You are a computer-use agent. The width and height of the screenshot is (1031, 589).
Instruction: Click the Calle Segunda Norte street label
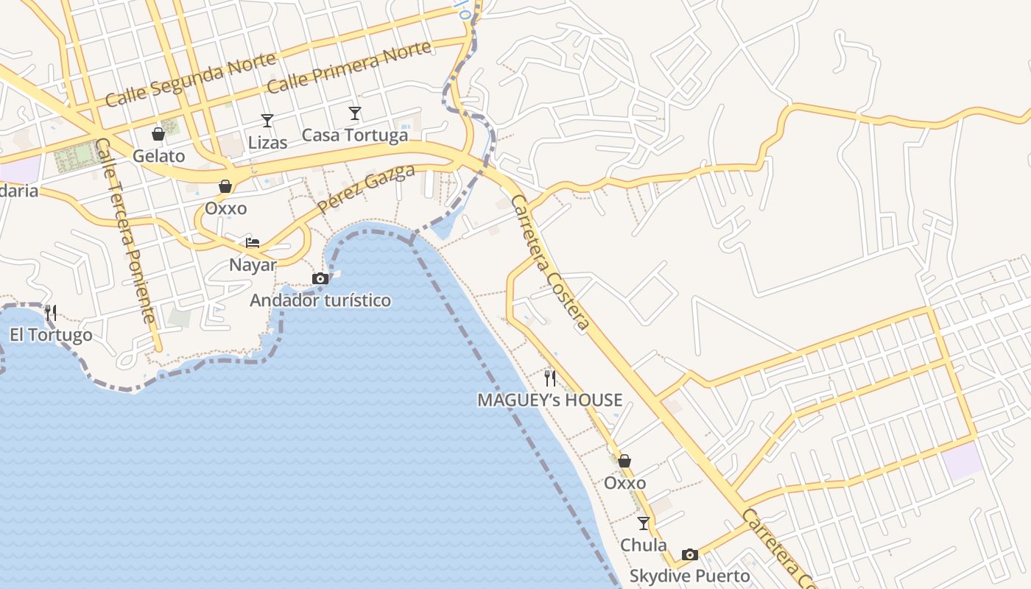coord(190,79)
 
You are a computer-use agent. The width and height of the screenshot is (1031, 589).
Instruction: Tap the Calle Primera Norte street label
coord(349,68)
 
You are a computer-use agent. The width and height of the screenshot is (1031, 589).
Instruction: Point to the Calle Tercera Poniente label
coord(125,231)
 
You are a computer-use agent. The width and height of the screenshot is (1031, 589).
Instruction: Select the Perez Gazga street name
coord(367,189)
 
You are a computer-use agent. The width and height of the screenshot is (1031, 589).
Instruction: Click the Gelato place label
coord(159,156)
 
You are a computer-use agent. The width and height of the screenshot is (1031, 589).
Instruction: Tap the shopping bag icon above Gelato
coord(158,134)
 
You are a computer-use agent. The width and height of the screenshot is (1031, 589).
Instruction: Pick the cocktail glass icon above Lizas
coord(267,121)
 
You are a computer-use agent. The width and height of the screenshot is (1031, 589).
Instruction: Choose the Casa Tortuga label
coord(355,135)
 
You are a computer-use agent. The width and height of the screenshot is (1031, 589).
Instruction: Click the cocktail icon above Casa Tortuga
coord(355,113)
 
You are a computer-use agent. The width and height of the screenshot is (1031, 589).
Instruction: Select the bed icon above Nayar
coord(253,243)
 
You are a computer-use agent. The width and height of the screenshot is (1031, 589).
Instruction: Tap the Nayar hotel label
coord(253,265)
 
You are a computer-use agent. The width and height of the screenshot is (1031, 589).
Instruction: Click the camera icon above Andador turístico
coord(320,278)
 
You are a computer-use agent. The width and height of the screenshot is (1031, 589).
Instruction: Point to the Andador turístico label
coord(320,300)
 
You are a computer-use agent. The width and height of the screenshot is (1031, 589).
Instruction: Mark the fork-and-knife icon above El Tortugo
coord(51,313)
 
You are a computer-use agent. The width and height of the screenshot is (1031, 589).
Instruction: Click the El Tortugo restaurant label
coord(51,336)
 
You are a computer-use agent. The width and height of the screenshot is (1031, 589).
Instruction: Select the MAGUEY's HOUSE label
coord(550,401)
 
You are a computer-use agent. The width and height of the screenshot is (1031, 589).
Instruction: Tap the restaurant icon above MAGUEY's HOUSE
coord(550,378)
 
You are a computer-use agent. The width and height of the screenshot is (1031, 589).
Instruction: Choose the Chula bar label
coord(644,546)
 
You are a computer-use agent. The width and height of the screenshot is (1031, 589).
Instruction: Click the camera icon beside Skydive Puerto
coord(690,554)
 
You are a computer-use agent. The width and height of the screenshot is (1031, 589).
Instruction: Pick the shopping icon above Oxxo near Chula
coord(624,462)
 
